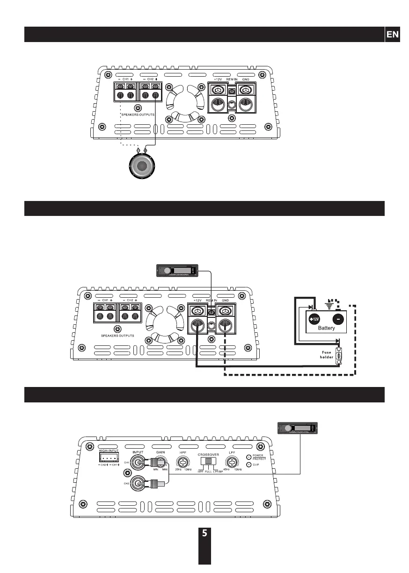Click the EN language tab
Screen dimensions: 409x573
pyautogui.click(x=392, y=35)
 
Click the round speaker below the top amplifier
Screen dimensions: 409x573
pyautogui.click(x=142, y=167)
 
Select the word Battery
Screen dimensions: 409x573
pyautogui.click(x=327, y=328)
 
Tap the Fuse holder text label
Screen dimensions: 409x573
pyautogui.click(x=326, y=354)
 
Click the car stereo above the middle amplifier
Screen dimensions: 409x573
pyautogui.click(x=177, y=271)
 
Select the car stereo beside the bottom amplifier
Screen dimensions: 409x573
pyautogui.click(x=298, y=428)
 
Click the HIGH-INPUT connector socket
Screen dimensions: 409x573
pyautogui.click(x=109, y=458)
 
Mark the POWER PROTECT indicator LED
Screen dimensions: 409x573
pyautogui.click(x=248, y=457)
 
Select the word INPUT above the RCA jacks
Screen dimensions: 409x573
pyautogui.click(x=138, y=452)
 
